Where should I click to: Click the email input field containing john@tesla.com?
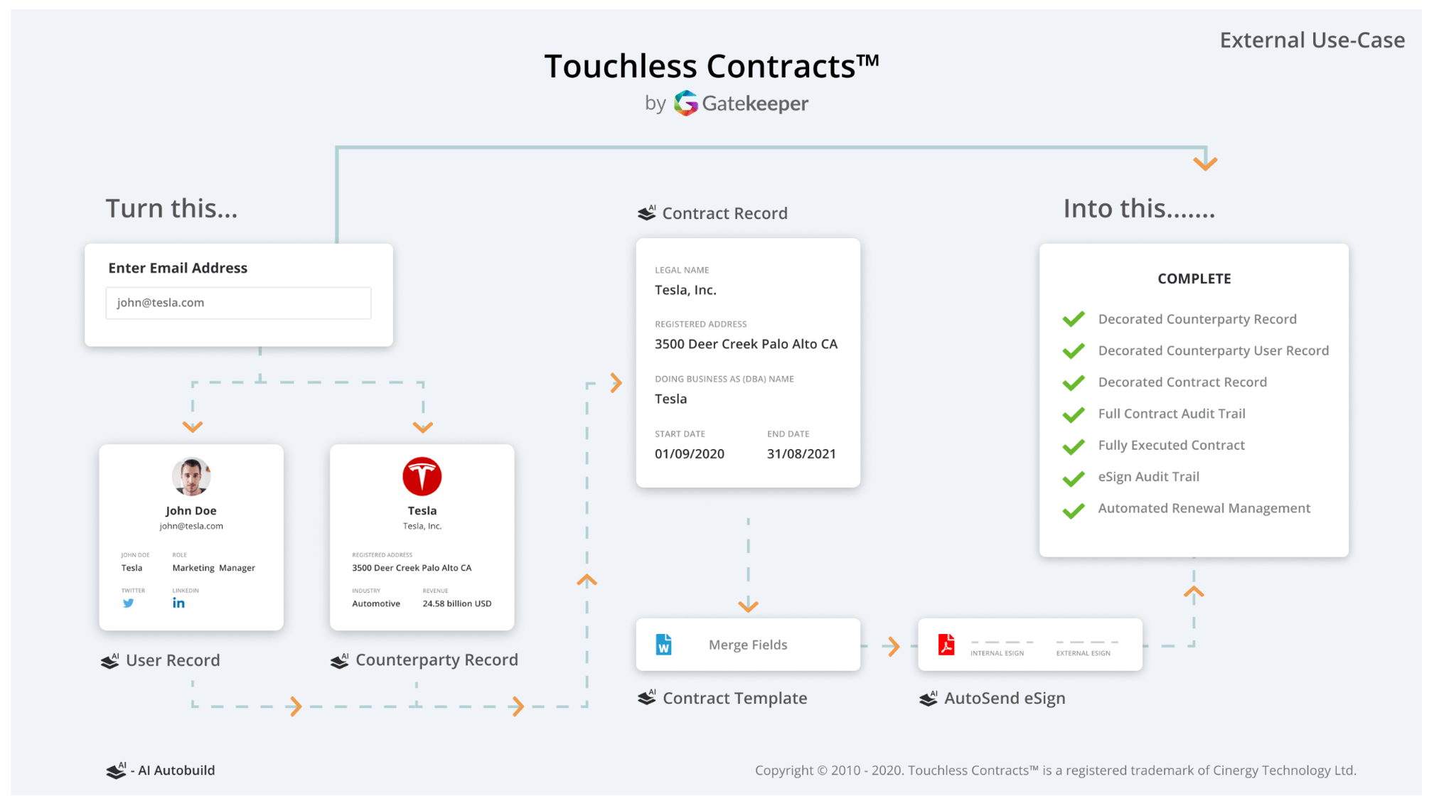click(x=238, y=303)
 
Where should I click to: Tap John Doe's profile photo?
click(x=191, y=476)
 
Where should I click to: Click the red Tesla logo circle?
click(x=422, y=476)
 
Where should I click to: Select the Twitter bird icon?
click(x=128, y=603)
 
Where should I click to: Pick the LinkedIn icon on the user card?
click(x=178, y=603)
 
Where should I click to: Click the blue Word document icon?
click(x=663, y=645)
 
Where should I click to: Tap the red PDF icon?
click(x=946, y=645)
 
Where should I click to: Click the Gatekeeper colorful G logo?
click(x=686, y=104)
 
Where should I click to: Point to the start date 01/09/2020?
click(x=690, y=454)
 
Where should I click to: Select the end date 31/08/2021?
click(x=801, y=454)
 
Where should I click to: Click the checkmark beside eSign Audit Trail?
click(x=1074, y=478)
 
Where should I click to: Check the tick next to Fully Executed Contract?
click(x=1074, y=446)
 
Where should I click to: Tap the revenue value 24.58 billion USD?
click(x=457, y=604)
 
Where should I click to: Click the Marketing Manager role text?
click(x=213, y=568)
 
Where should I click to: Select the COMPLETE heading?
click(x=1194, y=279)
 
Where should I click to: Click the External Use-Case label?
click(x=1312, y=41)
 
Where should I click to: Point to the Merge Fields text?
click(x=748, y=645)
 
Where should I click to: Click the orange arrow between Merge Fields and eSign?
click(x=892, y=646)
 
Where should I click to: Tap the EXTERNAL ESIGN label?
click(x=1083, y=653)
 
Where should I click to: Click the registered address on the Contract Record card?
click(x=746, y=345)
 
